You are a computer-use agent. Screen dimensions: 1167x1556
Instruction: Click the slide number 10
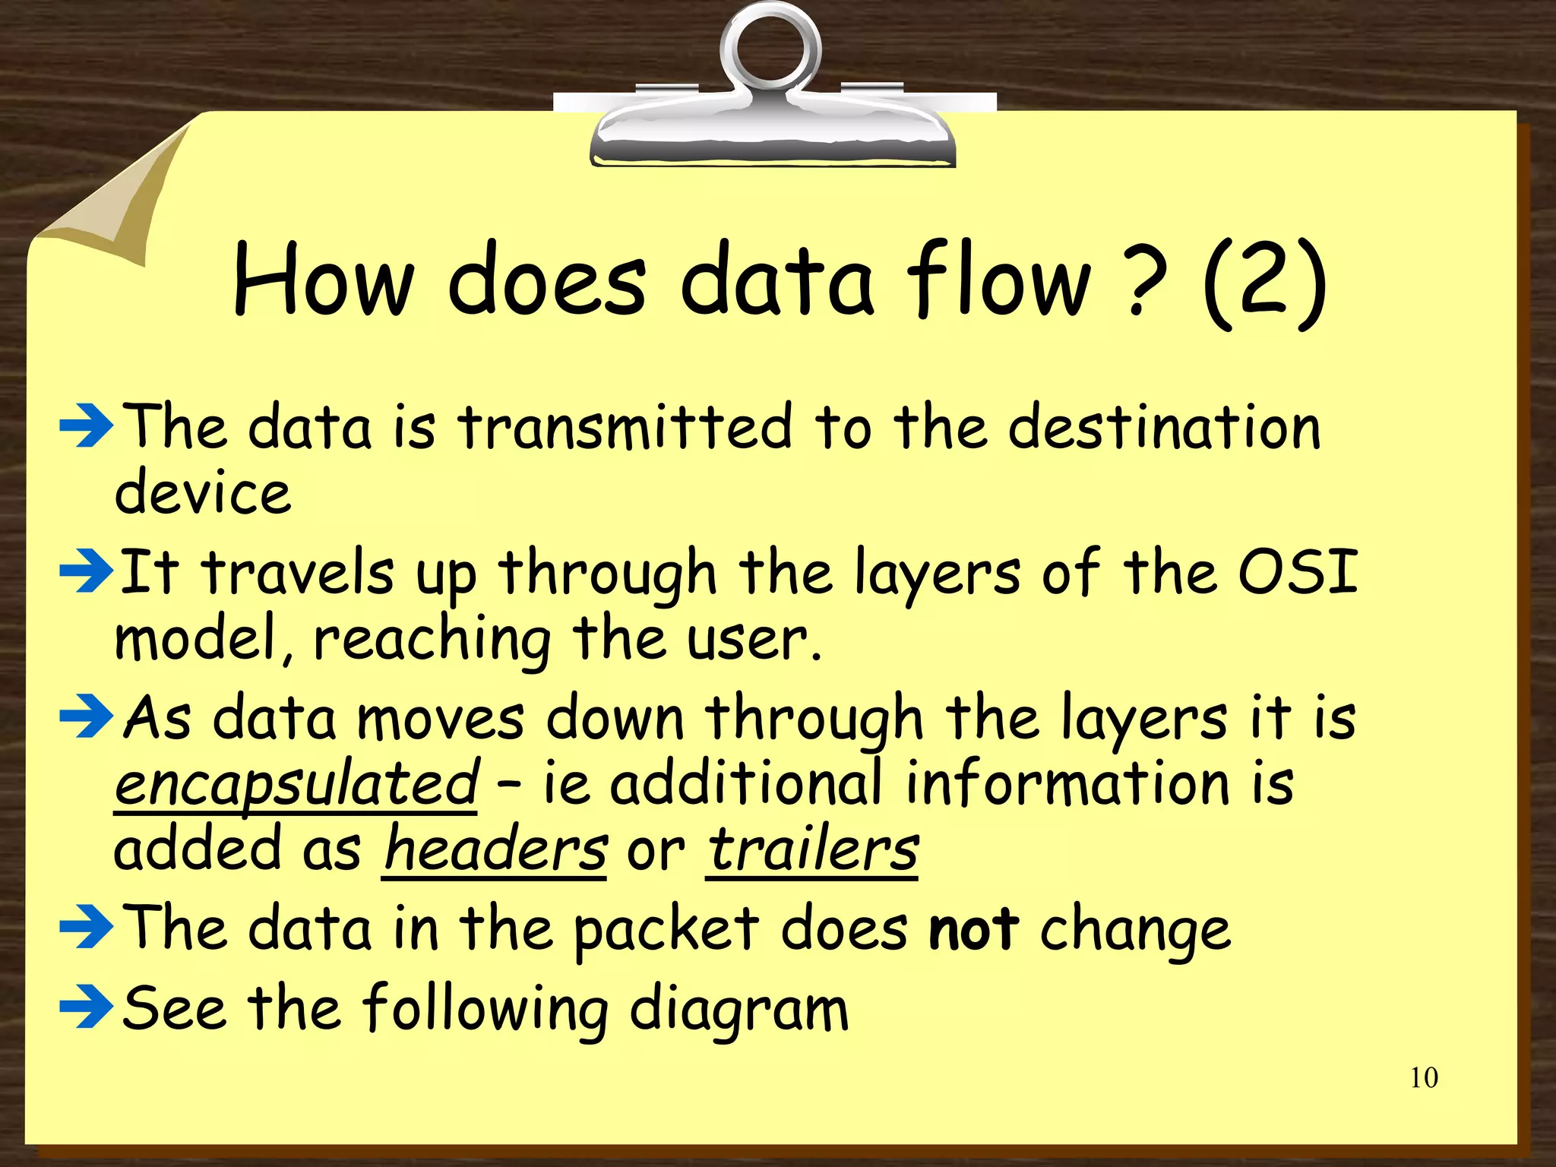tap(1423, 1078)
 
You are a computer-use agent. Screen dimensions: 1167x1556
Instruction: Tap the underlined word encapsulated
tap(296, 784)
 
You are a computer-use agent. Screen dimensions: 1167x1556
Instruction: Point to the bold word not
tap(973, 928)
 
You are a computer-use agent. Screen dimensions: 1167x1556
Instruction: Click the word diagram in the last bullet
tap(739, 1010)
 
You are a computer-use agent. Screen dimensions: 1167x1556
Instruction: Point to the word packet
tap(666, 930)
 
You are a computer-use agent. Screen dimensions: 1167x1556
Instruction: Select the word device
tap(203, 492)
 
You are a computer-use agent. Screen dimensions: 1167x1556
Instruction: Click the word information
tap(1067, 784)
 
